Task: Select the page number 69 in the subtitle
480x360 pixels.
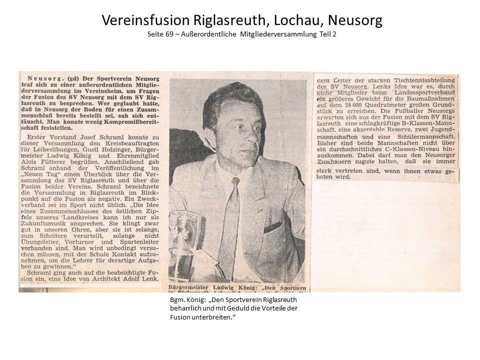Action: pyautogui.click(x=172, y=34)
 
